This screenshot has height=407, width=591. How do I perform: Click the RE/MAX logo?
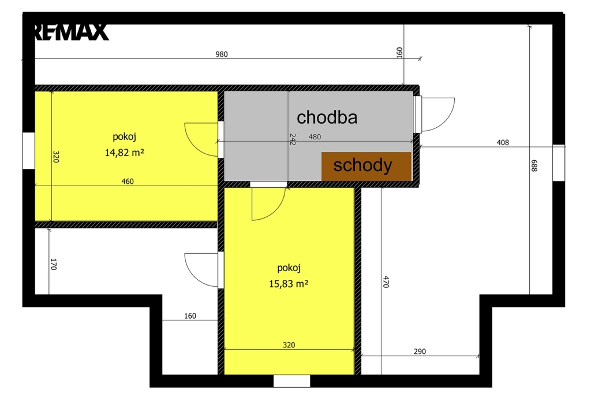72,32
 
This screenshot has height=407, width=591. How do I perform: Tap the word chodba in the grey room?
327,117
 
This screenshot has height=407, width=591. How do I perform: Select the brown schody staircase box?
366,166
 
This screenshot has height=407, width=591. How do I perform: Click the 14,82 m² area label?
125,153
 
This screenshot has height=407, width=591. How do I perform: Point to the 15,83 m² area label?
289,283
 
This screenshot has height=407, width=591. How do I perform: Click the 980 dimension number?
222,54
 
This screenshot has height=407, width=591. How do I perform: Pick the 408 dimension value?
503,142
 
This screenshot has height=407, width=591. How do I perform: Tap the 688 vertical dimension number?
534,166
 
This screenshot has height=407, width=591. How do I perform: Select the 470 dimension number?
386,282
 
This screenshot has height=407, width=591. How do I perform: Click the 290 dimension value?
420,351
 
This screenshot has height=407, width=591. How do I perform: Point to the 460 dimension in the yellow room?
128,181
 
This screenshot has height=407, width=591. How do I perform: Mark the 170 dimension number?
53,264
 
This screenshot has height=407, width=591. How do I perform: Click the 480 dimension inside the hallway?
315,136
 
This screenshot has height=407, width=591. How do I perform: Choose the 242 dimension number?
293,139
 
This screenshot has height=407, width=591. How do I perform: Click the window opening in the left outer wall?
29,151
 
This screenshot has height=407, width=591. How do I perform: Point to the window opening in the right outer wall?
559,162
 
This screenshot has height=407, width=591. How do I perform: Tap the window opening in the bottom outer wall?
291,381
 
